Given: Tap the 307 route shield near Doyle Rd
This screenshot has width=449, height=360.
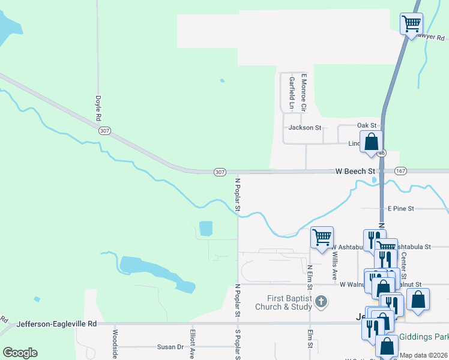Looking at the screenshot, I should (x=104, y=131).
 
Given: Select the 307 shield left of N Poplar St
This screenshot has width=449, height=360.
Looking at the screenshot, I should (x=220, y=172).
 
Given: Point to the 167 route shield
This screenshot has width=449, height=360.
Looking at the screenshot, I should (x=401, y=172).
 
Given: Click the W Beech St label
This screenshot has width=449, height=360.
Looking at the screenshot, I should (x=355, y=172).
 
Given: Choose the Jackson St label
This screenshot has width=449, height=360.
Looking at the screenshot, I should (x=305, y=128).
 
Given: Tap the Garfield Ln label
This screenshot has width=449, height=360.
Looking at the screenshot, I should (x=292, y=93).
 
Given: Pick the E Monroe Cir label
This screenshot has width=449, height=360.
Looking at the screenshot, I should (x=304, y=92).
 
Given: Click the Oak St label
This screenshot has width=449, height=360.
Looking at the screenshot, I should (x=366, y=125).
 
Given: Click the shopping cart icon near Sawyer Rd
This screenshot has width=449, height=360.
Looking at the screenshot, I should (x=412, y=24).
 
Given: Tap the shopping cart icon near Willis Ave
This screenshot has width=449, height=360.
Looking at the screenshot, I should (x=322, y=238).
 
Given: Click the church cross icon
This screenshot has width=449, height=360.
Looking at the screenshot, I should (x=321, y=301).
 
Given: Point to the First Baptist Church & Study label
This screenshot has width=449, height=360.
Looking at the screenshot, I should (x=292, y=303).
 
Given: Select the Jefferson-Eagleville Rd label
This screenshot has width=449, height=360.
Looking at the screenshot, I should (x=57, y=324).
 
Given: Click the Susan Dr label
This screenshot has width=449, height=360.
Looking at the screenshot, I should (x=170, y=347).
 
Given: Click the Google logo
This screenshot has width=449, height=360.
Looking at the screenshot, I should (x=20, y=353).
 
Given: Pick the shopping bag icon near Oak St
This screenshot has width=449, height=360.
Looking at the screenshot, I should (x=372, y=143).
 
